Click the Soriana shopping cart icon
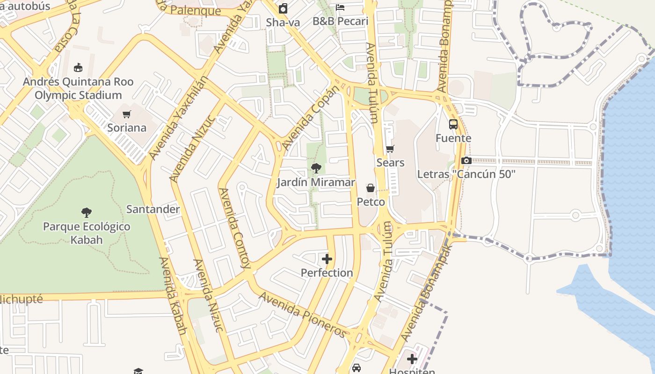[x=126, y=114]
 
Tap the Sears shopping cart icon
[x=390, y=149]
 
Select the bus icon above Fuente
[x=453, y=124]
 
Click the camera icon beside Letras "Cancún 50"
[x=466, y=161]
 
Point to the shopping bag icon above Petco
[x=371, y=188]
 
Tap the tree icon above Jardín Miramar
[x=316, y=168]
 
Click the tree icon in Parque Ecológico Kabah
[x=87, y=213]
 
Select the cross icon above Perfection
[x=327, y=259]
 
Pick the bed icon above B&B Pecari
[x=340, y=7]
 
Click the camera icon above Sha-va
[x=283, y=8]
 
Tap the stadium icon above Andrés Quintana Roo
[x=78, y=67]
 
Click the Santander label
[x=153, y=209]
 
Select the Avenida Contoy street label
[x=234, y=228]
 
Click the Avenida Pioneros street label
[x=303, y=314]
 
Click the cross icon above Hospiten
[x=412, y=359]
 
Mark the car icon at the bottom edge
[x=357, y=368]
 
